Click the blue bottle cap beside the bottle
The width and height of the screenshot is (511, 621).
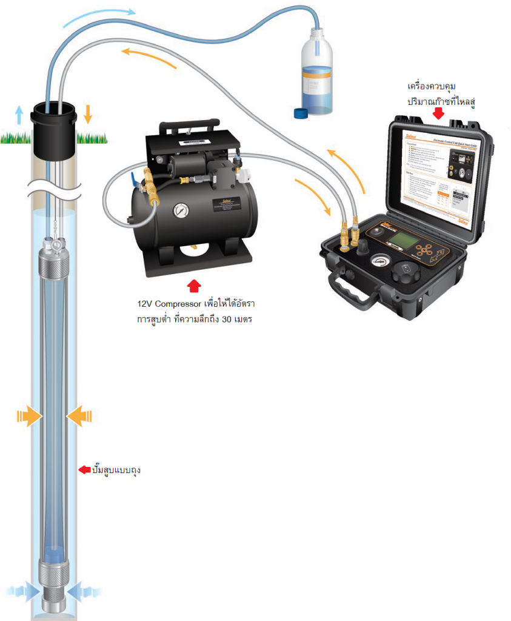point(300,112)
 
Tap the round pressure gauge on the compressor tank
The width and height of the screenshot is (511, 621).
point(180,212)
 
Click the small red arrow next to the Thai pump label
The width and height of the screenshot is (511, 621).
point(84,469)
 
